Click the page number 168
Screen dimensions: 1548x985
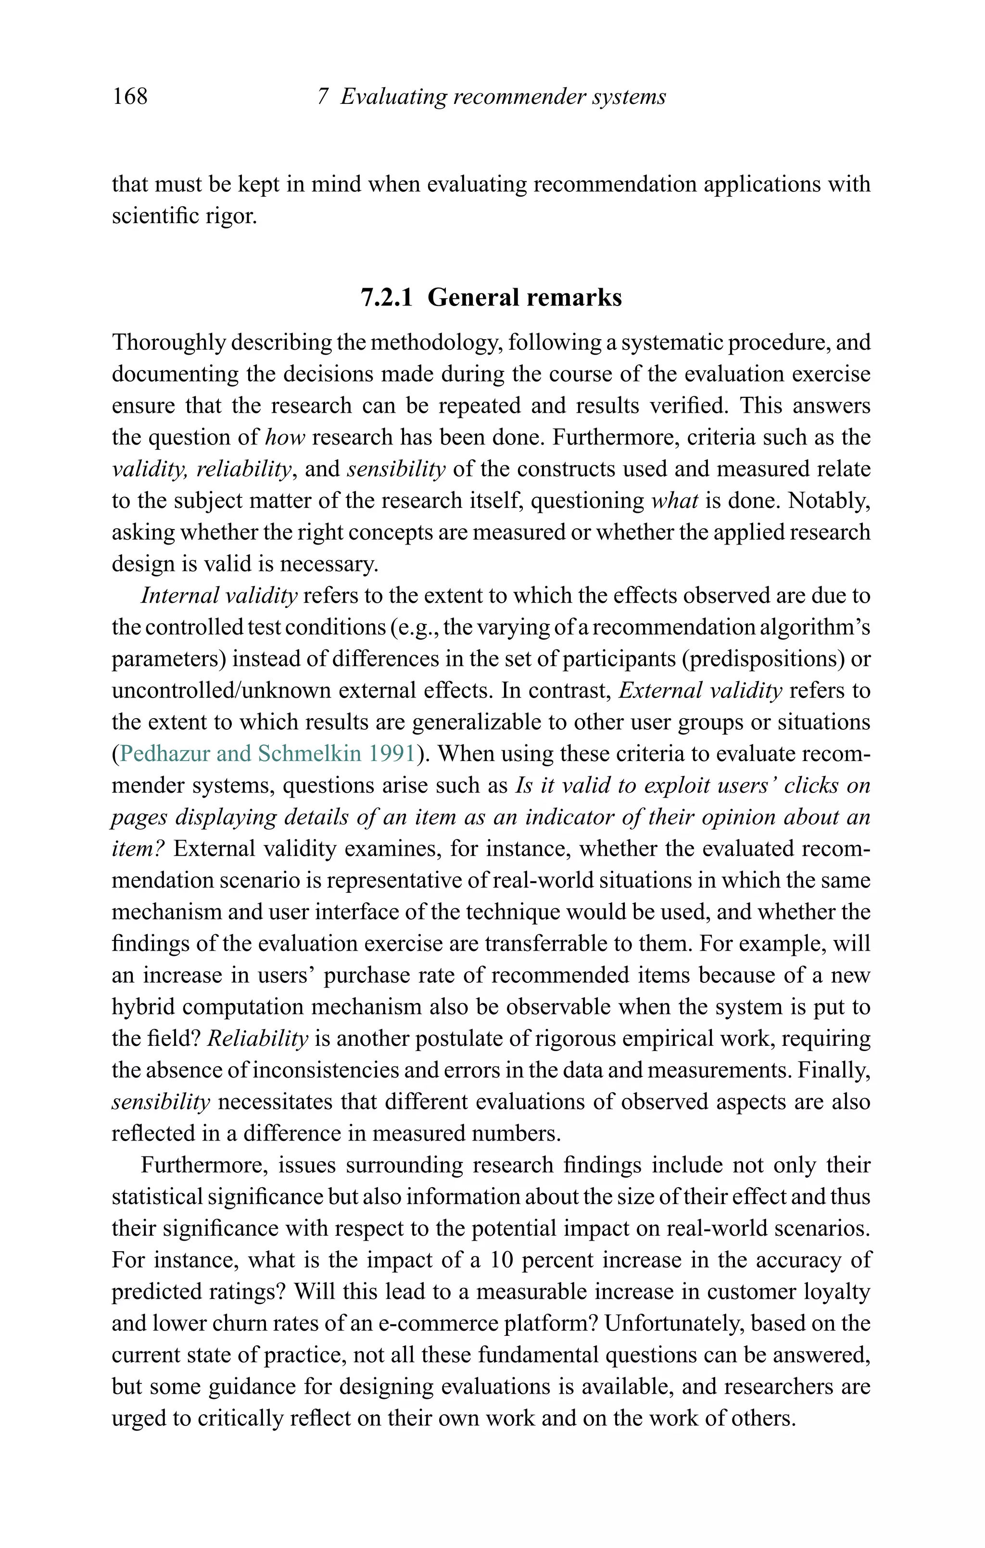tap(130, 96)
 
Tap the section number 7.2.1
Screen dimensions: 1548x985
tap(386, 298)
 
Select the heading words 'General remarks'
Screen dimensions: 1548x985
tap(525, 298)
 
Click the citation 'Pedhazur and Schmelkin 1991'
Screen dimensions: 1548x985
tap(267, 753)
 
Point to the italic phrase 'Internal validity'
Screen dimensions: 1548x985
tap(219, 596)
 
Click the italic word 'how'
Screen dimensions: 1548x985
tap(285, 438)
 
